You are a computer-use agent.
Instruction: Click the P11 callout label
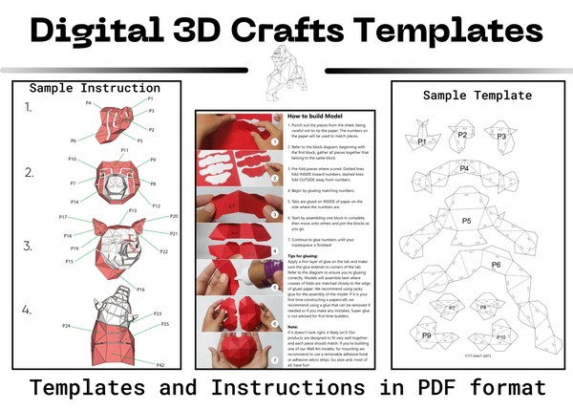[x=125, y=150]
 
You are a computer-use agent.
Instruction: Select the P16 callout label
[x=140, y=289]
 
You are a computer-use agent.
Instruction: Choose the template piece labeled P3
[x=500, y=136]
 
